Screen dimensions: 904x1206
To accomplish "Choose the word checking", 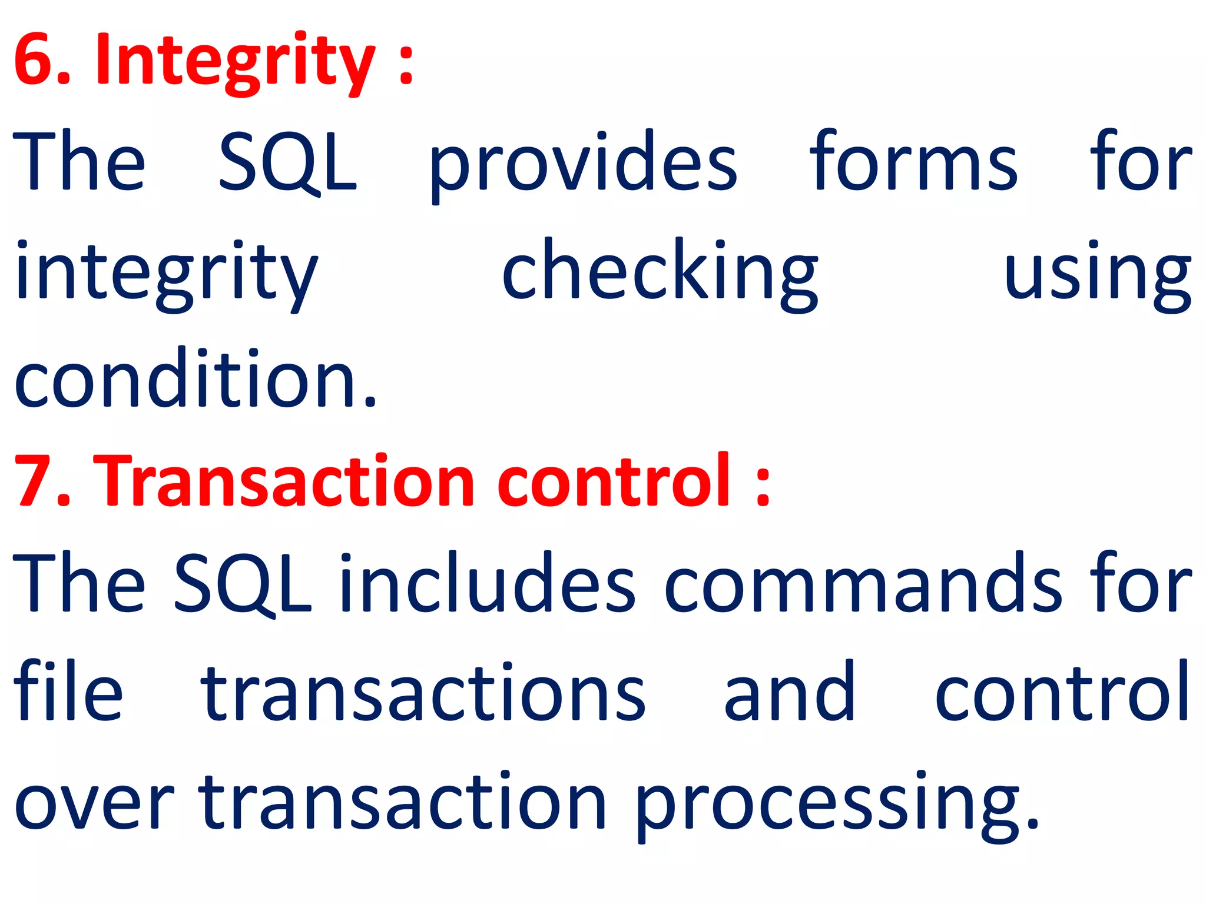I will click(x=660, y=274).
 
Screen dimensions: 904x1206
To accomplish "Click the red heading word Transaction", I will click(x=288, y=480).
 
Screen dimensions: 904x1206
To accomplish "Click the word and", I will click(x=789, y=692).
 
